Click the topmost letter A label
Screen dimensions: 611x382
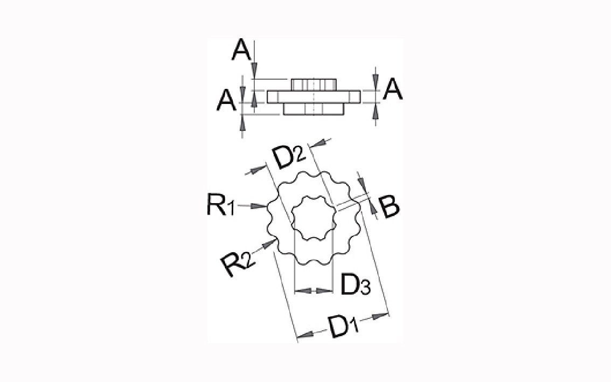[x=241, y=51]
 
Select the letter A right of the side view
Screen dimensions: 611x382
[x=393, y=89]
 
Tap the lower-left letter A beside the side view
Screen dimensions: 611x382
[x=226, y=100]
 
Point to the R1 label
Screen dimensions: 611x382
[x=220, y=205]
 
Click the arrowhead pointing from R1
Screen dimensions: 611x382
[x=258, y=206]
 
